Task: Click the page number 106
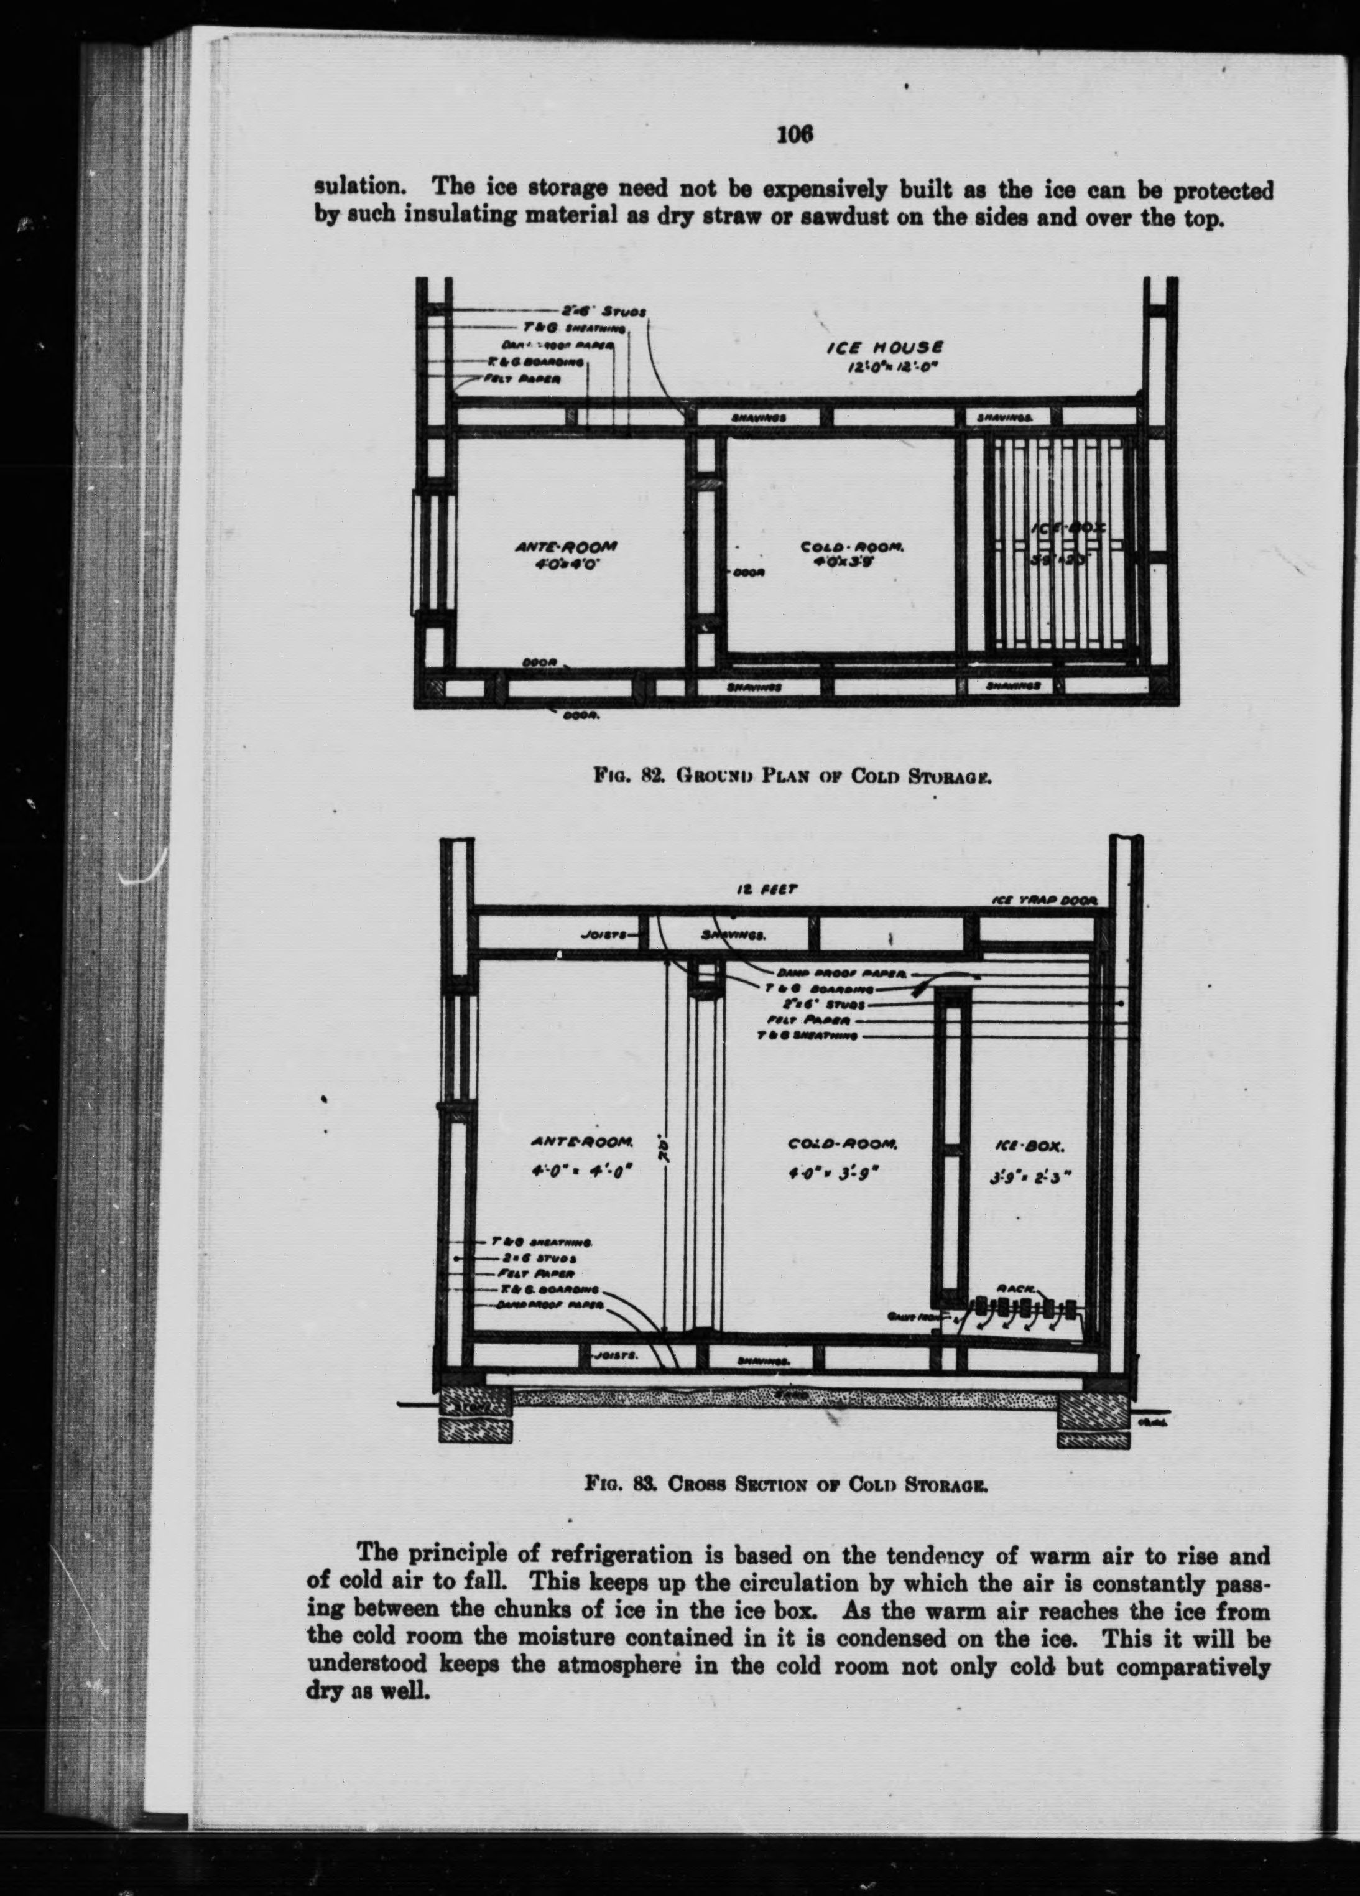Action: [x=794, y=134]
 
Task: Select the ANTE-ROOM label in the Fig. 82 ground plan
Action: [x=566, y=547]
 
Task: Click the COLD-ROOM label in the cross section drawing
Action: [x=843, y=1143]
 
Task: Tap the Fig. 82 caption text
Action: [x=793, y=774]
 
